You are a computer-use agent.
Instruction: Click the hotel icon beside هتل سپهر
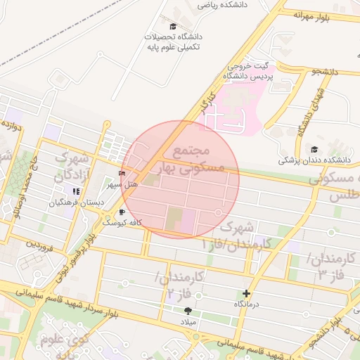coord(122,173)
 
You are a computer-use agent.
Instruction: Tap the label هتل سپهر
coord(120,185)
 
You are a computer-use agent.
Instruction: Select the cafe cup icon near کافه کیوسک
coord(122,212)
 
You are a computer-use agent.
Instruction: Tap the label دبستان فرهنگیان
coord(76,202)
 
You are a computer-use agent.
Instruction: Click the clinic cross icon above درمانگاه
coord(246,293)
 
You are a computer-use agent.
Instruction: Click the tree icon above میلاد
coord(188,310)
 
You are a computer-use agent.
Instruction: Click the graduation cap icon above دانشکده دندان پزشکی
coord(314,149)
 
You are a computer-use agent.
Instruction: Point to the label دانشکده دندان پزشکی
coord(314,160)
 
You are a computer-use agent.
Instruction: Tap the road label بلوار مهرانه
coord(311,14)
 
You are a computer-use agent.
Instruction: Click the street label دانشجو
coord(326,72)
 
